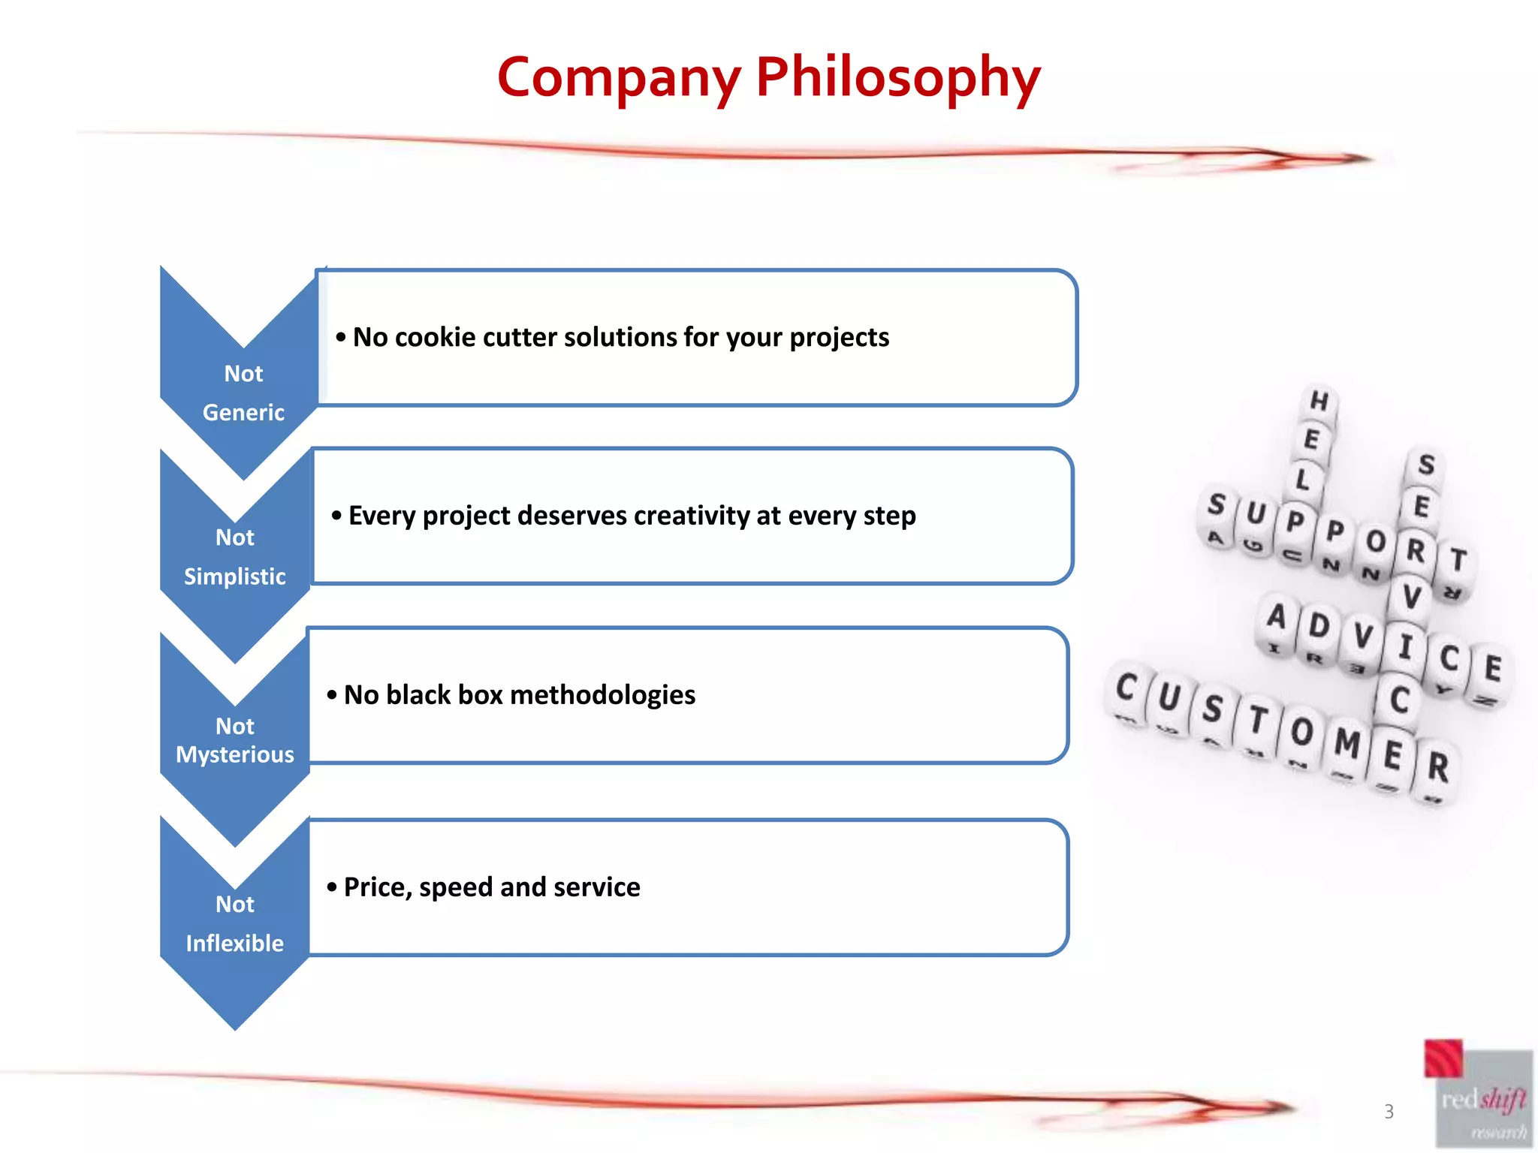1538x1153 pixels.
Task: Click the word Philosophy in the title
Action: coord(897,78)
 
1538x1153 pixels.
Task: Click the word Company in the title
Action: coord(619,78)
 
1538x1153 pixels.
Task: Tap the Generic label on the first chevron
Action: coord(243,412)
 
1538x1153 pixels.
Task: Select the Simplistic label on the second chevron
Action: coord(235,576)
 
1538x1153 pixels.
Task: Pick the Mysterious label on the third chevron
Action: coord(235,754)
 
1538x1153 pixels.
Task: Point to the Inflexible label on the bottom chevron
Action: coord(235,944)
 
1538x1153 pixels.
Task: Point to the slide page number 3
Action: coord(1389,1112)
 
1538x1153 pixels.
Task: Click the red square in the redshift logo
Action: coord(1443,1058)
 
